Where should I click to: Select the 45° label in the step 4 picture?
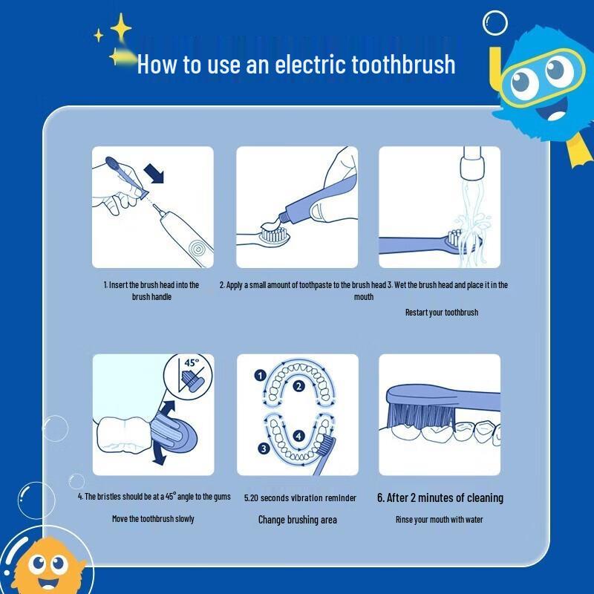192,363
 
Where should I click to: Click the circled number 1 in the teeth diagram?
260,376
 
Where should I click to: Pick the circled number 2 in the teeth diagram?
298,385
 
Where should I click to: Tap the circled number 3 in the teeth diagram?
263,448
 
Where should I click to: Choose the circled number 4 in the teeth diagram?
298,436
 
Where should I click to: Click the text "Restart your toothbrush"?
441,313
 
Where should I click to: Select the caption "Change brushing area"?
297,520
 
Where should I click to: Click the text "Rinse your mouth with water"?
439,519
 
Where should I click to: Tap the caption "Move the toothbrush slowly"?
153,518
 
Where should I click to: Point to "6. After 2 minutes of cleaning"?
440,497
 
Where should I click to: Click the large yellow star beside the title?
120,28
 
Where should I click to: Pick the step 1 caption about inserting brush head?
151,290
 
